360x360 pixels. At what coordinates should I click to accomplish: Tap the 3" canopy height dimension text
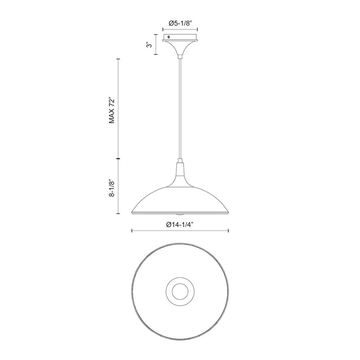(148, 45)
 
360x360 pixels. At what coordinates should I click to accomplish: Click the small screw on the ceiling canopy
(168, 37)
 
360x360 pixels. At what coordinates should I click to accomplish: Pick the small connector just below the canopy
(180, 56)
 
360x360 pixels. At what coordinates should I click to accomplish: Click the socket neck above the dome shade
(180, 170)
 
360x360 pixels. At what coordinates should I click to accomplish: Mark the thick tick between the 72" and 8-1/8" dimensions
(118, 159)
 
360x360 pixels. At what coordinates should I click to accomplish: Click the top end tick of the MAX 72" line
(118, 59)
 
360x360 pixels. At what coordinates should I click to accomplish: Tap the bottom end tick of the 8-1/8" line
(118, 213)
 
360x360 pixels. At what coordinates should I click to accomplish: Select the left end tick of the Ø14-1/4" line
(131, 231)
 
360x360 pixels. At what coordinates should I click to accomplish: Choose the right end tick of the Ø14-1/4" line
(229, 231)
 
